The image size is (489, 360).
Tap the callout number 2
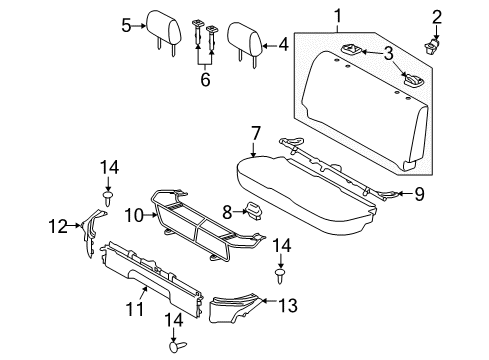click(436, 15)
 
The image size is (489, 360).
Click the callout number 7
click(255, 133)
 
